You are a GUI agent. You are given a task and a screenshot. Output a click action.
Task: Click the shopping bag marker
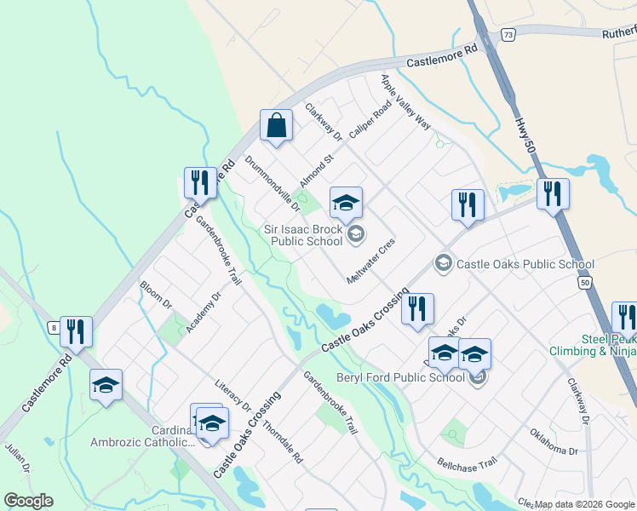pyautogui.click(x=277, y=127)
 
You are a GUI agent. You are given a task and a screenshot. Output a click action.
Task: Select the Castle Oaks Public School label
pyautogui.click(x=525, y=264)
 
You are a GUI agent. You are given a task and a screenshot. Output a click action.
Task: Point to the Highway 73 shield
pyautogui.click(x=508, y=35)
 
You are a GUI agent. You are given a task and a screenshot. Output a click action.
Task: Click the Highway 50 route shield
pyautogui.click(x=583, y=283)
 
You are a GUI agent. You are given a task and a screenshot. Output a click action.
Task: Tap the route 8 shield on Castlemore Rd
pyautogui.click(x=54, y=326)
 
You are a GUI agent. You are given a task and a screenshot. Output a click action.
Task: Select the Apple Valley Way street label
pyautogui.click(x=405, y=102)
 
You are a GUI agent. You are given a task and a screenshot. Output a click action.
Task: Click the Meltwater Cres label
pyautogui.click(x=371, y=261)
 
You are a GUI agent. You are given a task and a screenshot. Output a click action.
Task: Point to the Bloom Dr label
pyautogui.click(x=156, y=296)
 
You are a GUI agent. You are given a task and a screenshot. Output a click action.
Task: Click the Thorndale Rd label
pyautogui.click(x=282, y=442)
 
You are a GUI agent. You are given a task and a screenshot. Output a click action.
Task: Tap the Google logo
pyautogui.click(x=28, y=501)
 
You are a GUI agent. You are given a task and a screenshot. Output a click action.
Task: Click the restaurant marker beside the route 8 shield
pyautogui.click(x=76, y=331)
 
